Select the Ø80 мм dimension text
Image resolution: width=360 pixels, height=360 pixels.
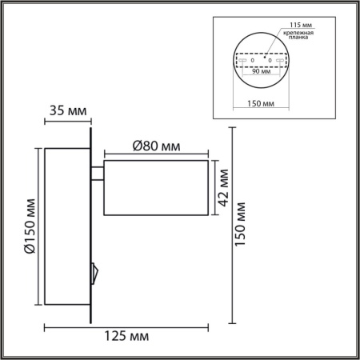point(154,146)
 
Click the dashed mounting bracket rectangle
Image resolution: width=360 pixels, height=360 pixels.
point(259,60)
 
